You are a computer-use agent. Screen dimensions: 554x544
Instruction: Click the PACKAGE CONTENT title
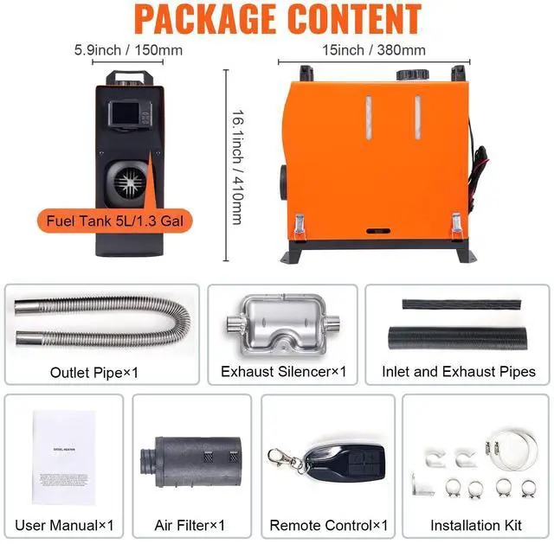(277, 18)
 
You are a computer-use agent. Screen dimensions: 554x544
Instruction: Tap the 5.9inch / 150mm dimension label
(128, 49)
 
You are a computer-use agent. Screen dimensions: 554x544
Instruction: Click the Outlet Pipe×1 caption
(94, 373)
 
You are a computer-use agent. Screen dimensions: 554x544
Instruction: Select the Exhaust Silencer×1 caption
(283, 372)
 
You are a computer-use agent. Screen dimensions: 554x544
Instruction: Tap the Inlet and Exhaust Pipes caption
(458, 372)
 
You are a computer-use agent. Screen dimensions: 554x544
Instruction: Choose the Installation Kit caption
(476, 525)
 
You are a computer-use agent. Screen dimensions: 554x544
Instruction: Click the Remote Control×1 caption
(328, 525)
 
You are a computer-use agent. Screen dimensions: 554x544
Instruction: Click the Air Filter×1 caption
(189, 525)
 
